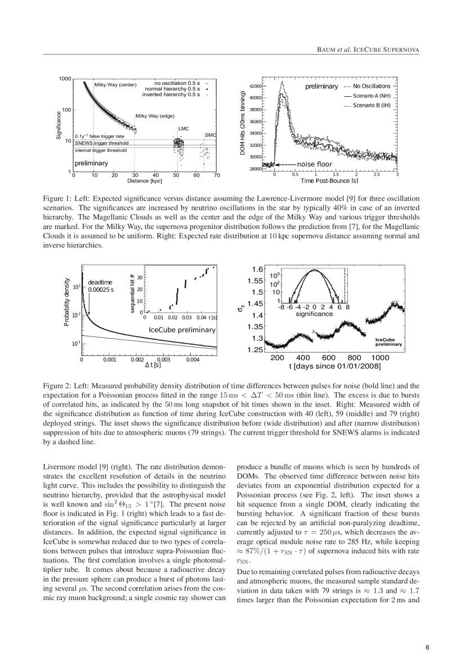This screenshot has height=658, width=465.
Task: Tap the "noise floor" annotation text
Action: click(x=317, y=164)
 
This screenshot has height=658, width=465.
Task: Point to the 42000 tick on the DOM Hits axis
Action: click(x=255, y=86)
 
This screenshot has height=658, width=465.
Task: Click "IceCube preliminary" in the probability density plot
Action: click(x=182, y=331)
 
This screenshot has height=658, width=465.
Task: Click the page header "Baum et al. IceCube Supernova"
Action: click(x=368, y=50)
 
